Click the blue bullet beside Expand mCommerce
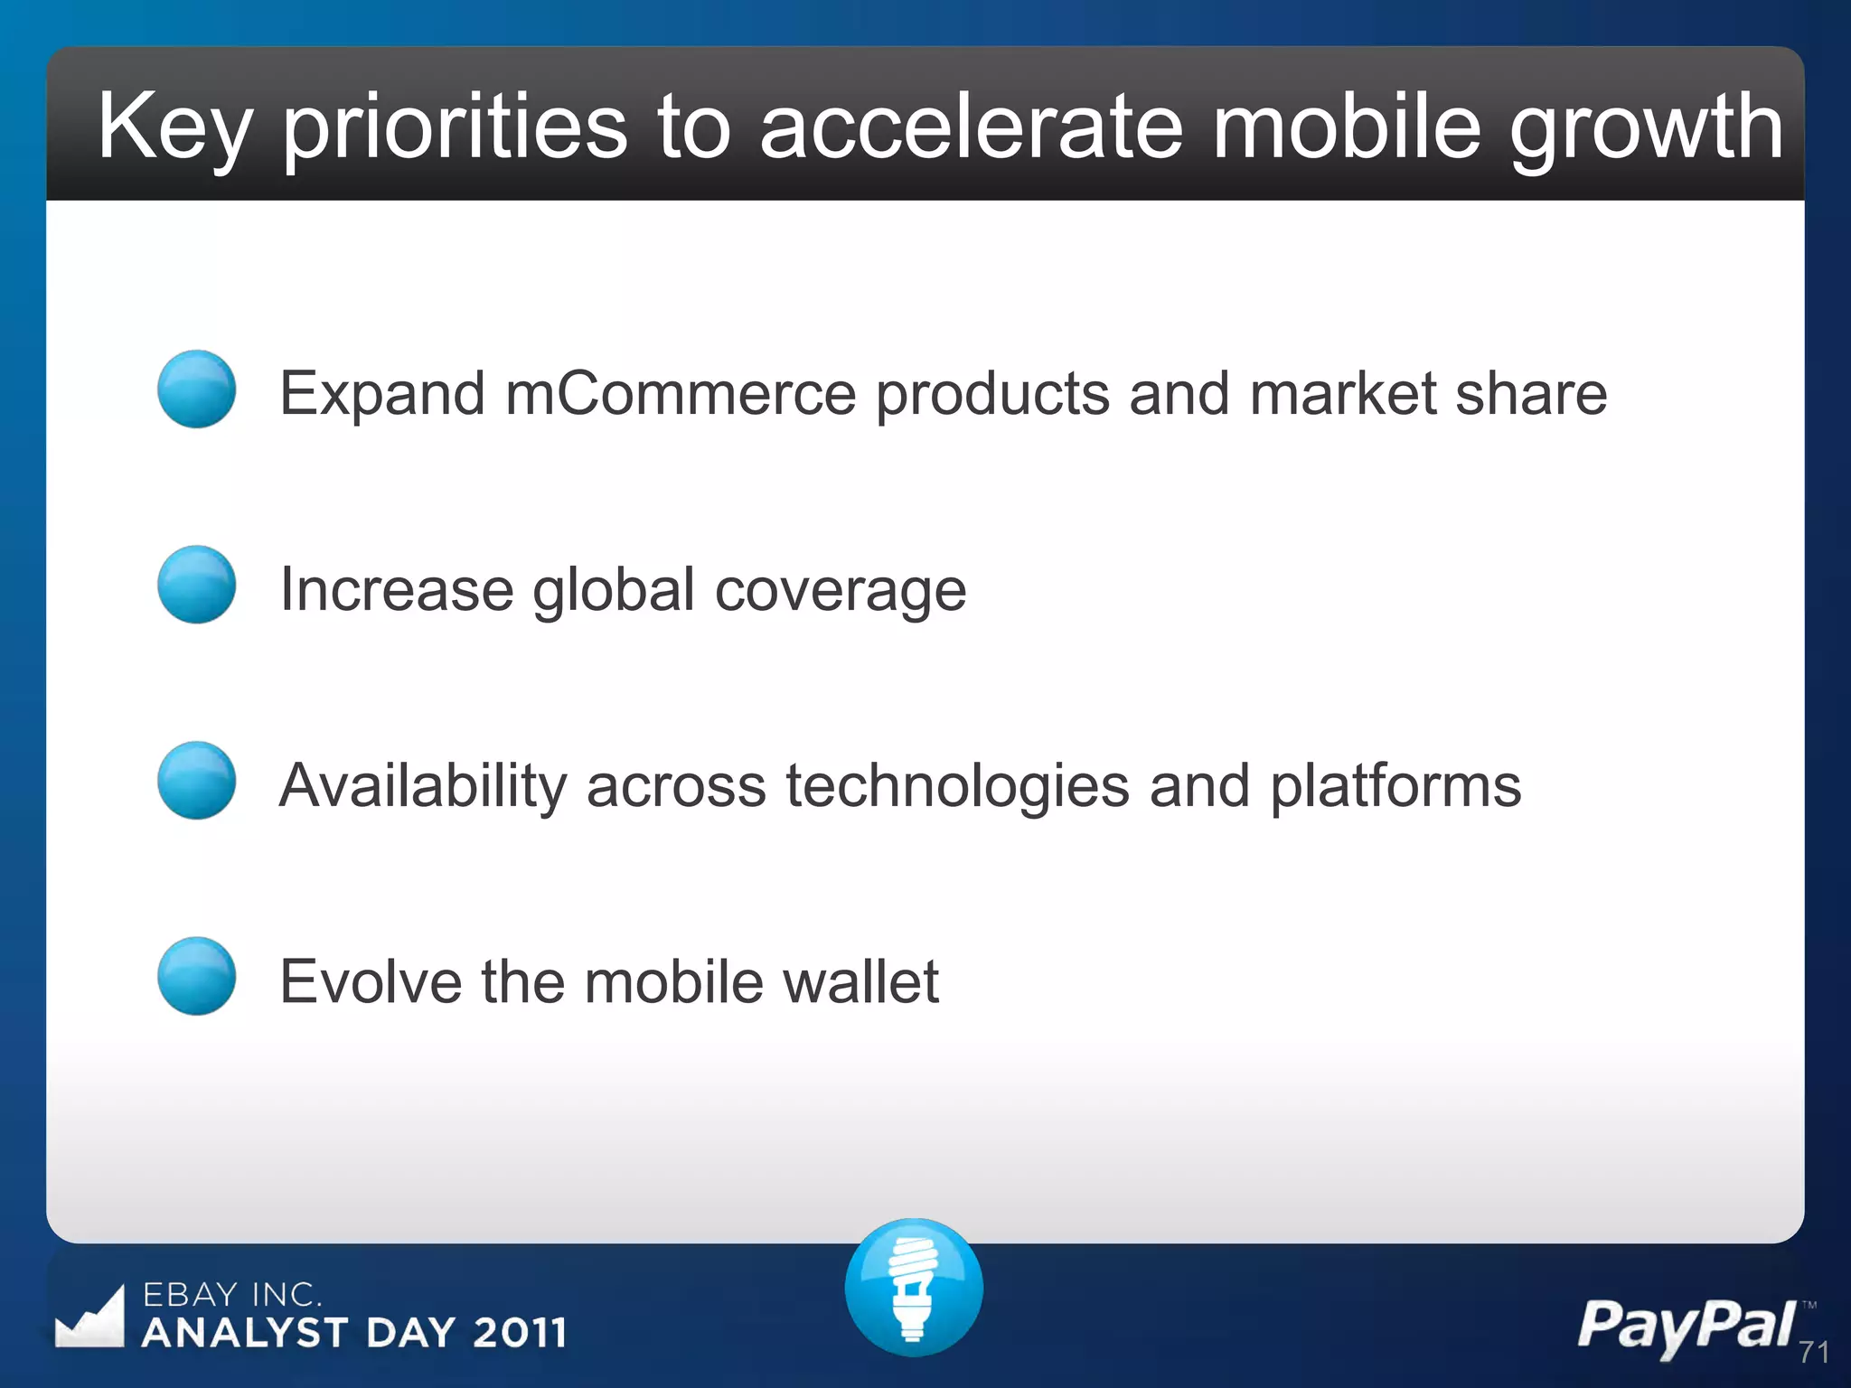point(196,389)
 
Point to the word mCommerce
point(680,394)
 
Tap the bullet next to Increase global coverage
point(196,585)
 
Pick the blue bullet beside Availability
point(196,781)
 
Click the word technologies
point(957,786)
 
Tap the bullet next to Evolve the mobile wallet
point(196,976)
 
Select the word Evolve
point(370,982)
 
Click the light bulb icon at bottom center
point(914,1287)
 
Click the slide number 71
point(1813,1353)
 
